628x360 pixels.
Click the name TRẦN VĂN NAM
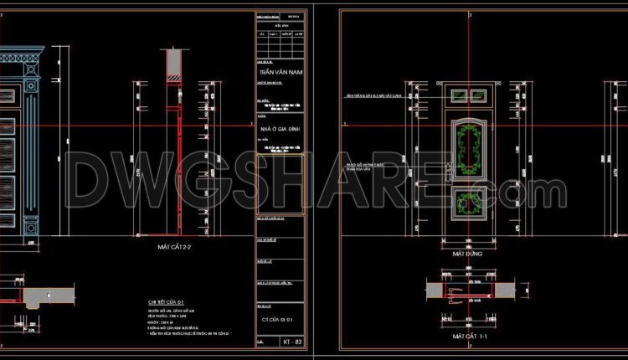(281, 73)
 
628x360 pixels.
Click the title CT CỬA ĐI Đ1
(281, 321)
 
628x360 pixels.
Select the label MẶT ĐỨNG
(470, 251)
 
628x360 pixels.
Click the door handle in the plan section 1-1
(457, 293)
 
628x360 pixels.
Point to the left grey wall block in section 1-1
(435, 288)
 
